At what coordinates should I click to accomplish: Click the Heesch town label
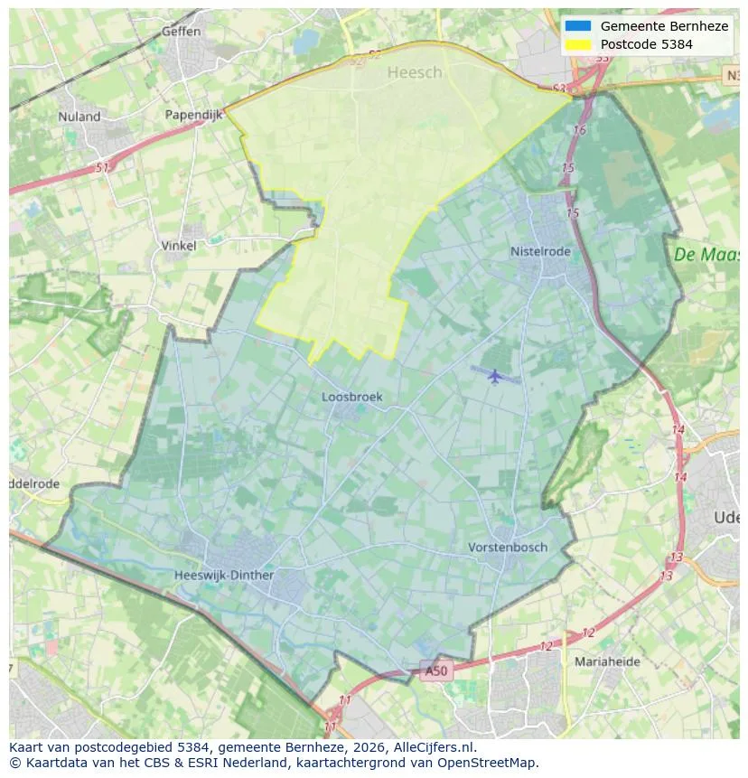click(x=415, y=73)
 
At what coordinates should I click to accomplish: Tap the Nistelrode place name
click(x=540, y=252)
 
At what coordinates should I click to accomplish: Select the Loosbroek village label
click(x=352, y=397)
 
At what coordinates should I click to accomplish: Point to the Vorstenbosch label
click(x=508, y=548)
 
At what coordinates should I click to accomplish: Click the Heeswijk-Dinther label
click(x=224, y=575)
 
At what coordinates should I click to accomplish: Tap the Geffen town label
click(x=181, y=32)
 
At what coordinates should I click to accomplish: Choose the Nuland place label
click(x=79, y=117)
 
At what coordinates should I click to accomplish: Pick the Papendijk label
click(x=193, y=115)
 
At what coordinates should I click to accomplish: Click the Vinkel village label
click(x=178, y=245)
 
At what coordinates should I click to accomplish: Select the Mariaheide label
click(x=607, y=661)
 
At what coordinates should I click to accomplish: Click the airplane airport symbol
click(x=494, y=375)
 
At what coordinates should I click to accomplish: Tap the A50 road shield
click(x=435, y=670)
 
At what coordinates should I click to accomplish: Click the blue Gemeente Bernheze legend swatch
click(x=577, y=26)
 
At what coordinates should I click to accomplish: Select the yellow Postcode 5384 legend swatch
click(x=577, y=44)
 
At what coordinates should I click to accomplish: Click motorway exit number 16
click(x=579, y=131)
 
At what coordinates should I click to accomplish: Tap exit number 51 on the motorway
click(x=102, y=168)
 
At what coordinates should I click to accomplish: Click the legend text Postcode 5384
click(x=646, y=44)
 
